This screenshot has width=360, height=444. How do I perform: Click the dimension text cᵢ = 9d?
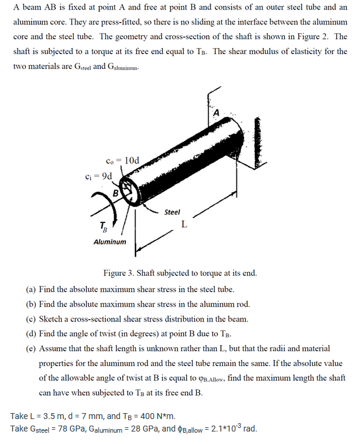99,176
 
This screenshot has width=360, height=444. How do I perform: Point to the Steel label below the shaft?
172,212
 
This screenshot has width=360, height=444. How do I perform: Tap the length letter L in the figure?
185,224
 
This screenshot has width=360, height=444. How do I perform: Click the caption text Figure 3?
120,273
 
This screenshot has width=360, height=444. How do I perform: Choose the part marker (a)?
31,289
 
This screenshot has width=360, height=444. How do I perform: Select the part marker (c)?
31,319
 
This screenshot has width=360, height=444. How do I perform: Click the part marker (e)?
31,348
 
